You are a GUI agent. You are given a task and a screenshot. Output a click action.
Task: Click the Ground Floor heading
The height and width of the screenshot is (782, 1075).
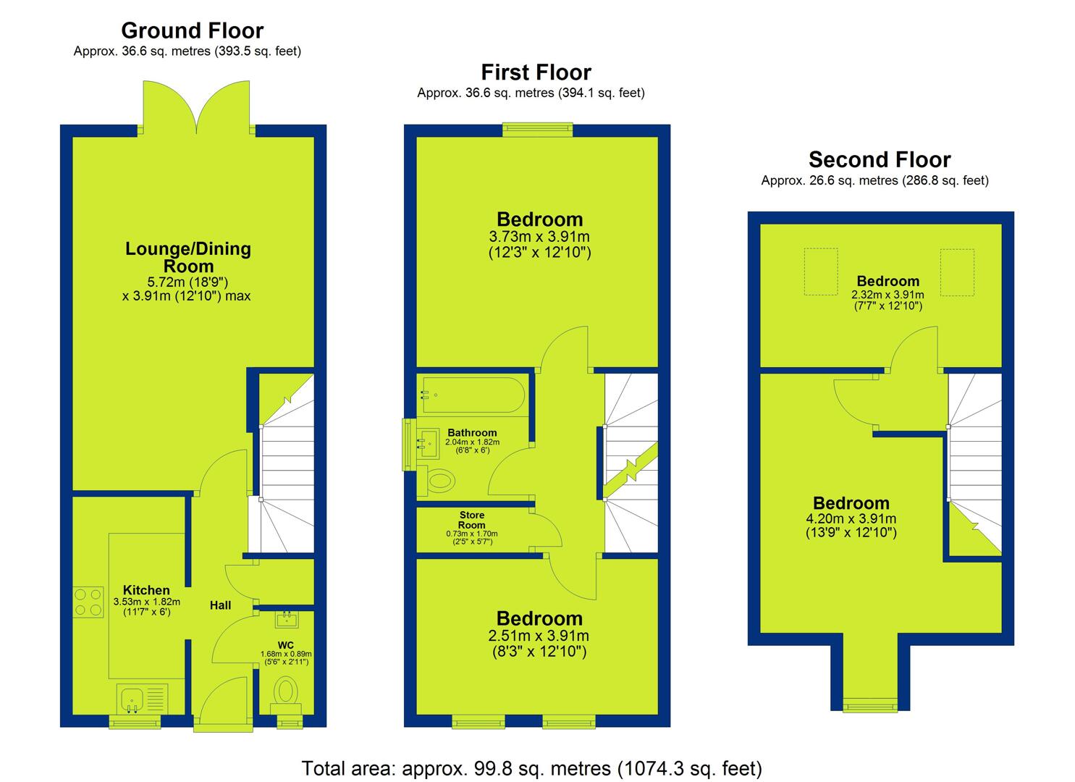point(192,30)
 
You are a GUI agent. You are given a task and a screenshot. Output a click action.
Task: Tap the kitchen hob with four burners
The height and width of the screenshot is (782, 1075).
point(88,602)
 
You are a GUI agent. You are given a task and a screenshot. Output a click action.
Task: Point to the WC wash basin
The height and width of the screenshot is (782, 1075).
point(287,619)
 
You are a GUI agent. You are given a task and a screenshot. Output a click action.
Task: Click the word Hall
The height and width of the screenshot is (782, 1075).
point(220,605)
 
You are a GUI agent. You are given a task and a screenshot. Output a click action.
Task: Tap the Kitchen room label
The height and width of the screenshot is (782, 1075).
point(146,590)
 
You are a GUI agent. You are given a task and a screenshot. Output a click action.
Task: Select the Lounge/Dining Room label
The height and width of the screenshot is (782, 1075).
point(187,257)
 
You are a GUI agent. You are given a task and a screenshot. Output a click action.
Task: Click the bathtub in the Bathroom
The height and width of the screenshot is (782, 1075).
point(473,395)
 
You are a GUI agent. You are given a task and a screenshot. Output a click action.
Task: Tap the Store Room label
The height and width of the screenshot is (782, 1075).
point(472,520)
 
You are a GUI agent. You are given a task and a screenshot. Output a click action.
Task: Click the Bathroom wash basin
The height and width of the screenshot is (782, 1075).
point(428,442)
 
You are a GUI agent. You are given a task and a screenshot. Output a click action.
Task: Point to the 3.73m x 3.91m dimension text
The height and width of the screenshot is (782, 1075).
point(539,237)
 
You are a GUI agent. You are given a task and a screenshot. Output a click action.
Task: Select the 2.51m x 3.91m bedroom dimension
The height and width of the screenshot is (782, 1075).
point(539,636)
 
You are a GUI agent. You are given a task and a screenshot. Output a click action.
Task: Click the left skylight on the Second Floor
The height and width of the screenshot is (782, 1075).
point(821,272)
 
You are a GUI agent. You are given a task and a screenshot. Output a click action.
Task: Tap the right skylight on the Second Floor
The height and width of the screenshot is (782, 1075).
point(957,272)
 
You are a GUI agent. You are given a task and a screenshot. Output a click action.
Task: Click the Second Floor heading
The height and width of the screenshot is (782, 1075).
point(880,160)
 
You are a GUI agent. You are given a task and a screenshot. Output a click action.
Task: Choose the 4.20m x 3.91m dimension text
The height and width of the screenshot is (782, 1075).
point(851,518)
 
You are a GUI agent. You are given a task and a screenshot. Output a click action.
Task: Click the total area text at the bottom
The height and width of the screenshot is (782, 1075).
point(531,768)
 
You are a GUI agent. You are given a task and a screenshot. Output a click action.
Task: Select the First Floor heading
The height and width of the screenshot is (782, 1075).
point(536,72)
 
